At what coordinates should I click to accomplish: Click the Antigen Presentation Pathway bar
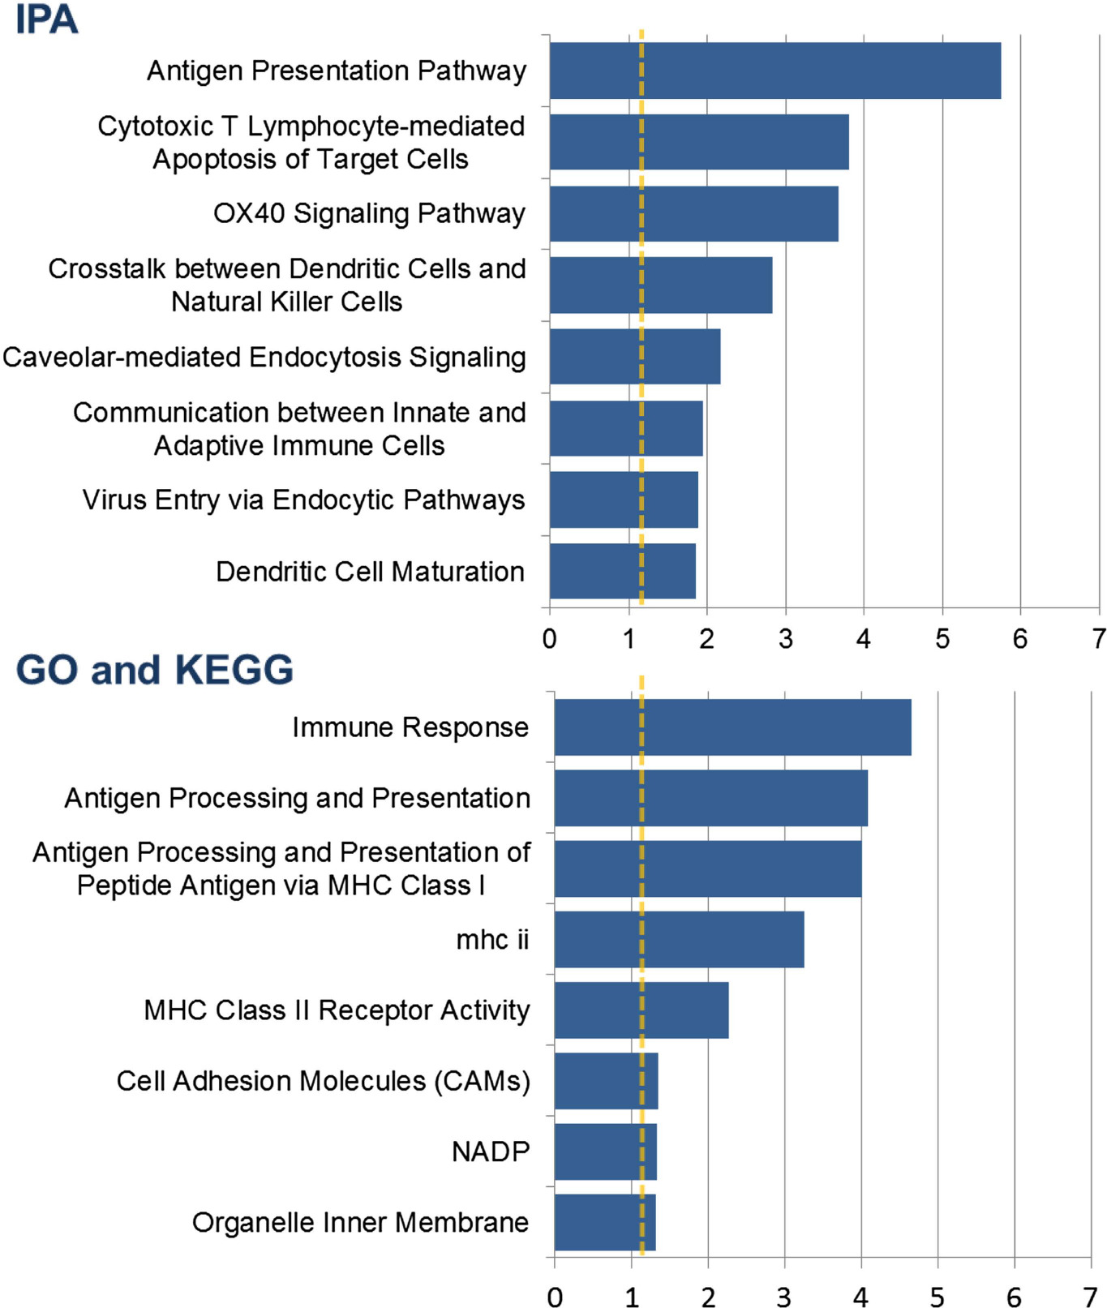pos(774,71)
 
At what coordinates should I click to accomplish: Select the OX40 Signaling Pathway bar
pos(693,214)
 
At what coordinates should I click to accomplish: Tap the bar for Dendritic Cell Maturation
pos(622,571)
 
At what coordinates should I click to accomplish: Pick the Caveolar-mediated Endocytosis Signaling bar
pos(634,356)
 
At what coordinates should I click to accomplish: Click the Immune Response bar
pos(732,727)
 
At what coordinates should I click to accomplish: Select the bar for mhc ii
pos(679,939)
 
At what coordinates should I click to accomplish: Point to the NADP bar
pos(605,1151)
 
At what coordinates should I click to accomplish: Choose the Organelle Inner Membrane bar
pos(604,1222)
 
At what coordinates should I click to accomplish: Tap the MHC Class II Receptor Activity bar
pos(641,1010)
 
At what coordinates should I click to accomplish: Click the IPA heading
pos(46,19)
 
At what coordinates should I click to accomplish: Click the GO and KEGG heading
pos(154,670)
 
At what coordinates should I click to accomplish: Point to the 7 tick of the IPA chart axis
pos(1098,639)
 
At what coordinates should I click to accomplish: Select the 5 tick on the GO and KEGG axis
pos(938,1297)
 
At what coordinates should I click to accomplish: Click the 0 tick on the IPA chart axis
pos(550,639)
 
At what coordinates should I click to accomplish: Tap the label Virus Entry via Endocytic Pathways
pos(303,500)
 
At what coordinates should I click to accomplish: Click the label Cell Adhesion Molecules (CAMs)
pos(323,1081)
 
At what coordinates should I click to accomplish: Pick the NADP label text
pos(490,1151)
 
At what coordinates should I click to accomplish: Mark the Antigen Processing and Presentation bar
pos(710,798)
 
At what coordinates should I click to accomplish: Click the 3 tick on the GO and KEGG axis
pos(784,1297)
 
